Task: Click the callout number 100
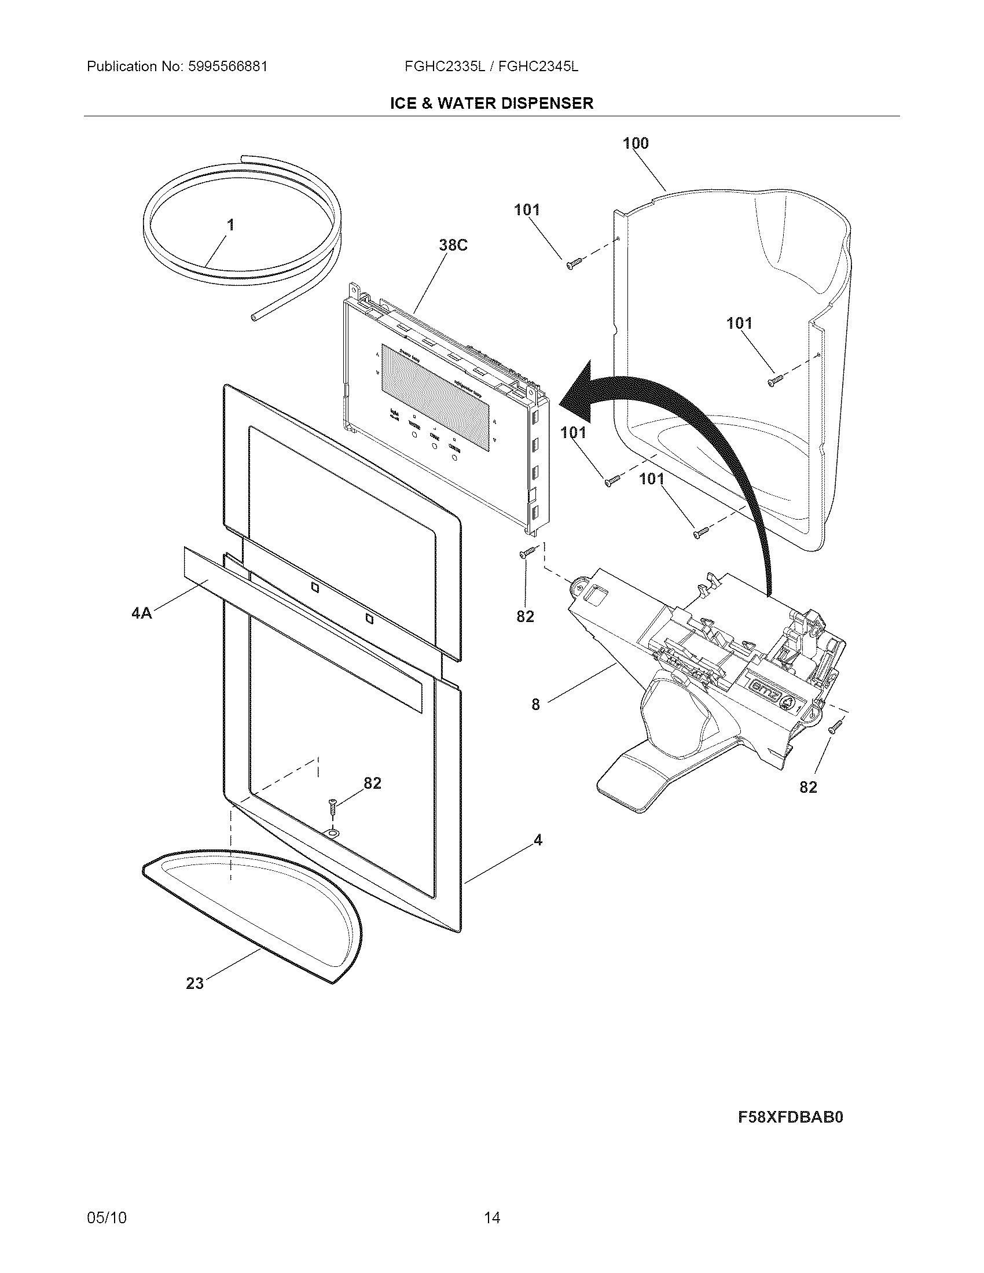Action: [x=636, y=144]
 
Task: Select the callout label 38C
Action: [x=453, y=245]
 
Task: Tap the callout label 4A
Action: [x=142, y=613]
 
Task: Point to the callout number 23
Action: [x=194, y=984]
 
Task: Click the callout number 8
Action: [x=536, y=705]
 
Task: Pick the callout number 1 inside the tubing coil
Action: [x=231, y=225]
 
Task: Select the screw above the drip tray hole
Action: [x=333, y=808]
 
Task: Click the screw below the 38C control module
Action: [x=527, y=552]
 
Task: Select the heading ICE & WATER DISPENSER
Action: [x=491, y=103]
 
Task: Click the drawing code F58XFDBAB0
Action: [x=791, y=1117]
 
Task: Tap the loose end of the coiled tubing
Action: [x=254, y=318]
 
